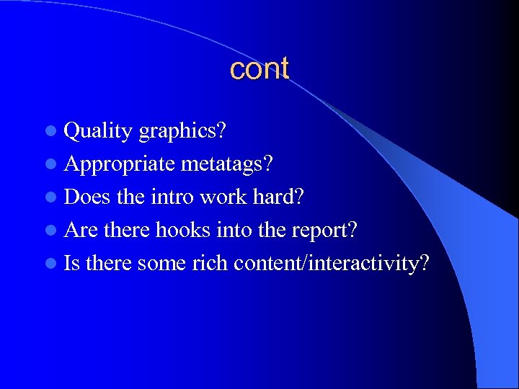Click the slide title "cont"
click(259, 69)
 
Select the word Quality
click(98, 131)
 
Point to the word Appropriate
click(120, 164)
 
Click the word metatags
click(226, 164)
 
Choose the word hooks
click(179, 231)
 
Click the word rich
click(209, 264)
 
